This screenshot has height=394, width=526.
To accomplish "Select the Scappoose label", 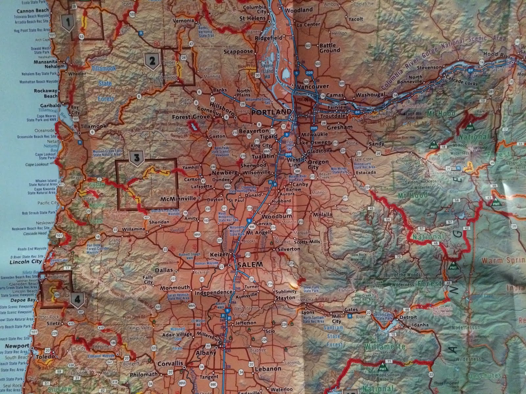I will tap(238, 51).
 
